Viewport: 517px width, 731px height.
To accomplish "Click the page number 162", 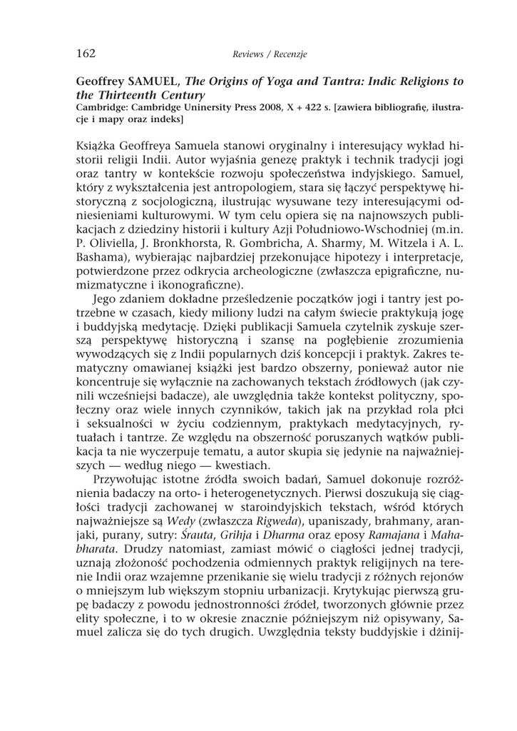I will coord(86,53).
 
